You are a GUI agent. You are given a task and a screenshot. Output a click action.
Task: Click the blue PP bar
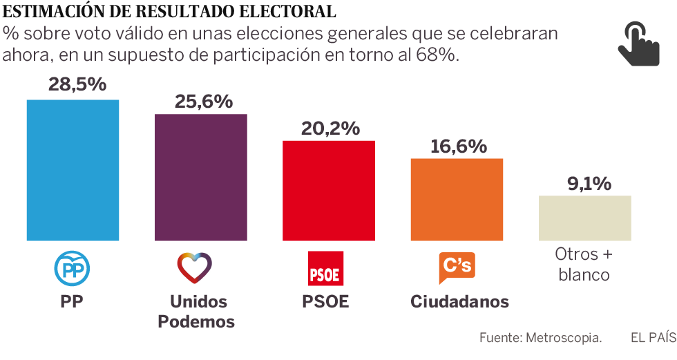point(73,170)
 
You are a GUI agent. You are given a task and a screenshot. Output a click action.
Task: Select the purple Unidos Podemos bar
point(200,177)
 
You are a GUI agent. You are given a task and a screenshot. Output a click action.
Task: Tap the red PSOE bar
point(329,191)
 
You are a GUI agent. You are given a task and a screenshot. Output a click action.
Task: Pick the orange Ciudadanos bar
point(457,199)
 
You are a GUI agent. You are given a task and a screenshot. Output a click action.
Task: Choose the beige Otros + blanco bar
point(584,218)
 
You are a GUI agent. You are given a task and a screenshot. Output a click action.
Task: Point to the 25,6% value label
point(203,102)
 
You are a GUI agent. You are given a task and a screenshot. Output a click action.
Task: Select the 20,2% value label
point(331,129)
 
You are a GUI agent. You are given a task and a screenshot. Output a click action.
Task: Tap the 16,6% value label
point(458,146)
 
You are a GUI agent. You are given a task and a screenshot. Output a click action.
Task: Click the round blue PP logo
point(72,269)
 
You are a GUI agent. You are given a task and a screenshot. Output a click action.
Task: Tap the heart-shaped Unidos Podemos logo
point(195,268)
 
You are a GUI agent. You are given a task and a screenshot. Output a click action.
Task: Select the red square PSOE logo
point(325,269)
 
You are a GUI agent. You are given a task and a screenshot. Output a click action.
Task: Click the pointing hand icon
point(638,43)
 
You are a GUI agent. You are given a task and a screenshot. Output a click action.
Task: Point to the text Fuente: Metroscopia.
point(541,338)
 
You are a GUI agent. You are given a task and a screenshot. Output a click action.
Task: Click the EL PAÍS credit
point(652,338)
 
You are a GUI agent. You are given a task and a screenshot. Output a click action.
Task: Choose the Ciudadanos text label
point(459,302)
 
